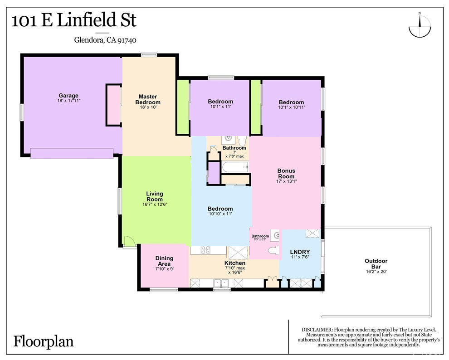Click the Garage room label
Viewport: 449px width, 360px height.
(x=68, y=96)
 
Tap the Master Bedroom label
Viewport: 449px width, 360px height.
(x=148, y=99)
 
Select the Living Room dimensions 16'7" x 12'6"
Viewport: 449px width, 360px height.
(x=155, y=204)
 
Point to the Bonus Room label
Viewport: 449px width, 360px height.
(x=286, y=173)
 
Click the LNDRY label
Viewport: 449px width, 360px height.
(x=300, y=252)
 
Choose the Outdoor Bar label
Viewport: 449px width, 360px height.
(x=376, y=263)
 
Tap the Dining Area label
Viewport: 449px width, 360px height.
(x=164, y=261)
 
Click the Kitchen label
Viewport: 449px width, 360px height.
(x=235, y=263)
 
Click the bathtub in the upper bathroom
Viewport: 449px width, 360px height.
(x=235, y=167)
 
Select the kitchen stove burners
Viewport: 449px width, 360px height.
(x=205, y=250)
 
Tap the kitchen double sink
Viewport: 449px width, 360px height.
(x=221, y=283)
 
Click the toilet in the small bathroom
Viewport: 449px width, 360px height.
(x=273, y=251)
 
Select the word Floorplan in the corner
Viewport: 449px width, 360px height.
(x=43, y=342)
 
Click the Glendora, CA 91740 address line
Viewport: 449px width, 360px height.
(x=105, y=40)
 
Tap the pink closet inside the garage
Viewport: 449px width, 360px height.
(x=113, y=105)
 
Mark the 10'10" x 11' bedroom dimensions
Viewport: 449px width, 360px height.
(x=220, y=214)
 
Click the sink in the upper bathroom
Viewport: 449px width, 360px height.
(x=228, y=139)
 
